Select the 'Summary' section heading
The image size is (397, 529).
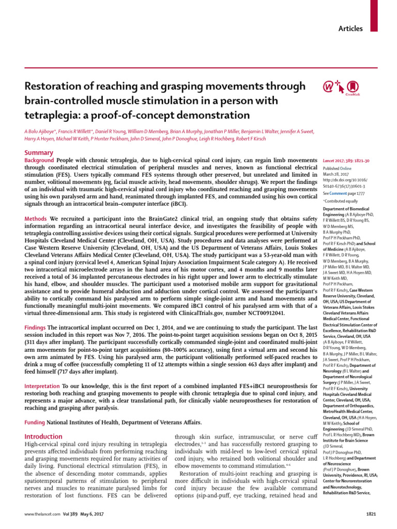[x=39, y=153]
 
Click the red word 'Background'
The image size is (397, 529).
[x=40, y=162]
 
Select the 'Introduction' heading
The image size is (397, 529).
[x=43, y=437]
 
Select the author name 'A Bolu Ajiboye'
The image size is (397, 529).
[x=41, y=132]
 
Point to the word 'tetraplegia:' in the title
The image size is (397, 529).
[x=48, y=115]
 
